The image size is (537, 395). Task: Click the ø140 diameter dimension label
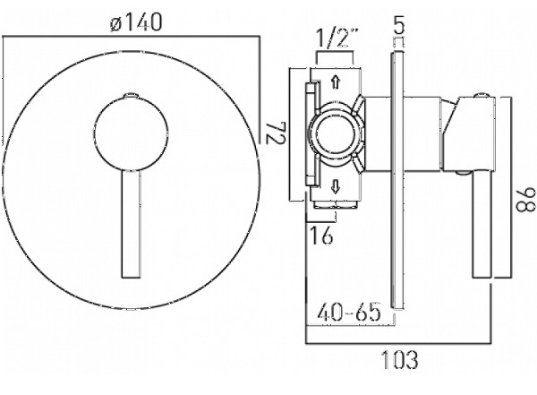tap(136, 23)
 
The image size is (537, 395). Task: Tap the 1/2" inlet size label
tap(337, 38)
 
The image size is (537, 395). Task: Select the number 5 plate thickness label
tap(398, 25)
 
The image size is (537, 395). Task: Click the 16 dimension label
tap(321, 235)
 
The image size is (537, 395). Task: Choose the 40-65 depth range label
tap(349, 312)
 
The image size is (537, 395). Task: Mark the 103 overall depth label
tap(399, 359)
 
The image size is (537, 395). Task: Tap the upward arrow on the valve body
tap(336, 82)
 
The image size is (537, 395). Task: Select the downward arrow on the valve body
tap(336, 187)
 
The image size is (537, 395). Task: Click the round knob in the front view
tap(131, 133)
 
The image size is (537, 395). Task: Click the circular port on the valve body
tap(336, 134)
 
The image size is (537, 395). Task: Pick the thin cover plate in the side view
tap(396, 181)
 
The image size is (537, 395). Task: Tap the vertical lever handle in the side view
tap(482, 224)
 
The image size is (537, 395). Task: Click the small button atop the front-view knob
tap(131, 95)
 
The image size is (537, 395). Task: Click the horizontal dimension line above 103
tap(398, 343)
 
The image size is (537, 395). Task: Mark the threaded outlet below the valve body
tap(336, 204)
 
